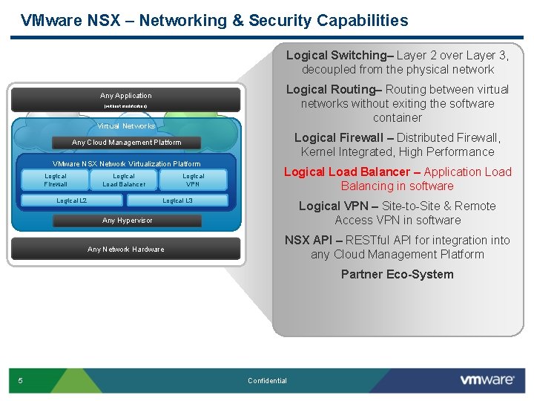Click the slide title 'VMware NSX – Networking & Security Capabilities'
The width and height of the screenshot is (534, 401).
pyautogui.click(x=214, y=21)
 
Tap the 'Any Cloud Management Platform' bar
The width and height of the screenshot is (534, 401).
pyautogui.click(x=126, y=143)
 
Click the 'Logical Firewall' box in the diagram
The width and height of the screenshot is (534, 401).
pyautogui.click(x=56, y=180)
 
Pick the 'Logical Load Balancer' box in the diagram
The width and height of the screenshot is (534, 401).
pyautogui.click(x=124, y=180)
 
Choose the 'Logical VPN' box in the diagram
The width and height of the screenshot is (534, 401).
pyautogui.click(x=193, y=180)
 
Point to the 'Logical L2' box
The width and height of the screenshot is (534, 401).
pyautogui.click(x=72, y=200)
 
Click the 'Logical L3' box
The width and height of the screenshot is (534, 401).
pyautogui.click(x=177, y=200)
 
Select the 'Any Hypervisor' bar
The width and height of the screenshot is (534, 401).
pyautogui.click(x=127, y=221)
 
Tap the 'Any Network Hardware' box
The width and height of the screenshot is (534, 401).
pyautogui.click(x=125, y=249)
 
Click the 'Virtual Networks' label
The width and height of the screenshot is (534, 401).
pyautogui.click(x=126, y=126)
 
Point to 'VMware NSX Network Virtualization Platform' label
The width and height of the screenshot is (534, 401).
pyautogui.click(x=126, y=163)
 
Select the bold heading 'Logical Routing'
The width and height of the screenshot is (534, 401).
pyautogui.click(x=331, y=90)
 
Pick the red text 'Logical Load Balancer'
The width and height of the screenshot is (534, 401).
pyautogui.click(x=346, y=172)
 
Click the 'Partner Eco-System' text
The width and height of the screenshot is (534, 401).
pyautogui.click(x=397, y=275)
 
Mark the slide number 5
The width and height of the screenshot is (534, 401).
pyautogui.click(x=20, y=381)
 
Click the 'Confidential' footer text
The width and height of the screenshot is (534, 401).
pyautogui.click(x=267, y=381)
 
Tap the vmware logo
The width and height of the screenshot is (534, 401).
pyautogui.click(x=487, y=380)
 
